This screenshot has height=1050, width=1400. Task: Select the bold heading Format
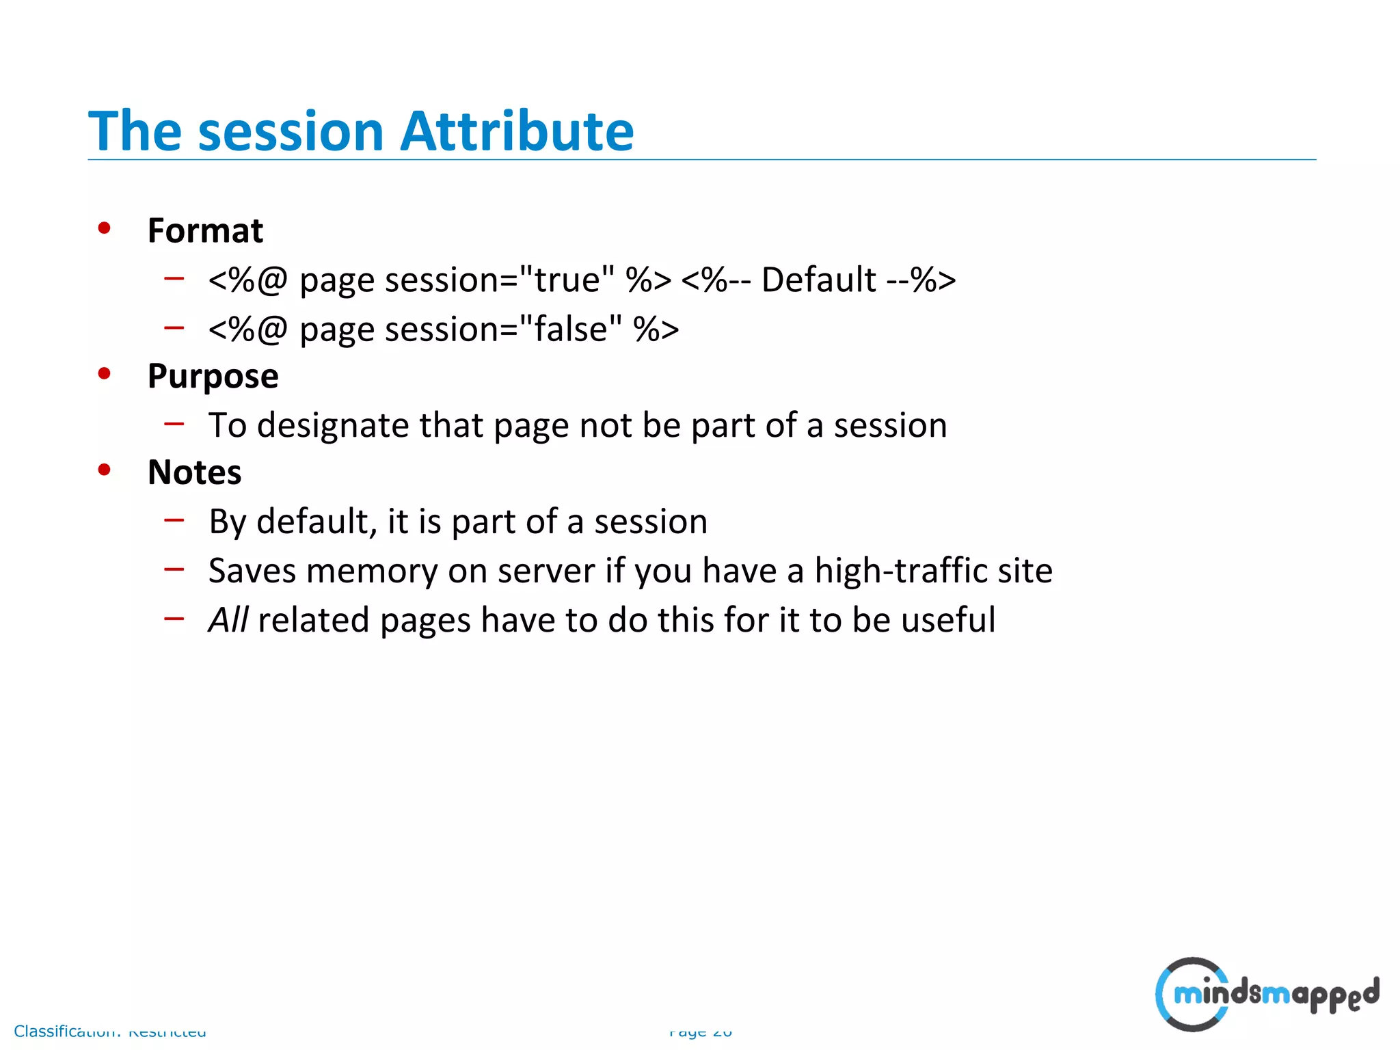click(205, 230)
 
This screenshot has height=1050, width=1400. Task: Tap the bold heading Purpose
click(213, 376)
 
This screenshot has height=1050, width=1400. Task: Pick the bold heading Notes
click(194, 472)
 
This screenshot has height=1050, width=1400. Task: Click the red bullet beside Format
click(104, 228)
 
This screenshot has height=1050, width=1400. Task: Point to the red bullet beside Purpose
click(104, 374)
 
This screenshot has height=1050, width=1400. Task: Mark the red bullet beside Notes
click(104, 470)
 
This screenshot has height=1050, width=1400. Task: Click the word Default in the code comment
click(818, 280)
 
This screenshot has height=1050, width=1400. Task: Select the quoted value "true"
click(567, 280)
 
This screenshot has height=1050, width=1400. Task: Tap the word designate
click(333, 425)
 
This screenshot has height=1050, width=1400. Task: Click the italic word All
click(228, 620)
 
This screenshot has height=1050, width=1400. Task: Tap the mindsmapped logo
click(1267, 994)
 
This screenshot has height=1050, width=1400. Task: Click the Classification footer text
click(109, 1031)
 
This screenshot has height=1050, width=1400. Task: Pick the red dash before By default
click(174, 520)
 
